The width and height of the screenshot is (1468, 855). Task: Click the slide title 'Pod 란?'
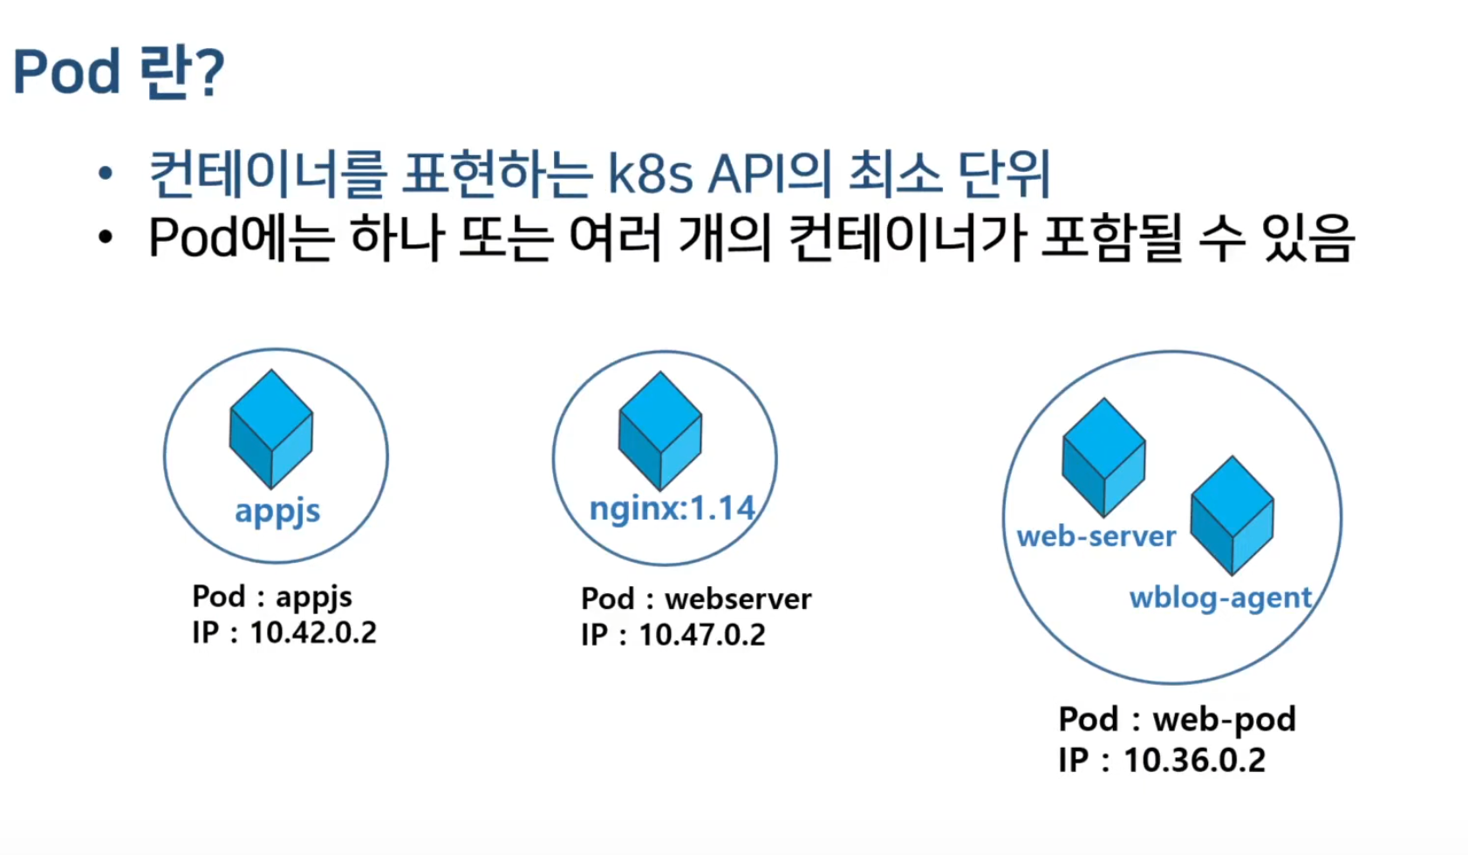119,72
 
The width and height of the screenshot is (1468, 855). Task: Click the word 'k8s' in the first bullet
650,174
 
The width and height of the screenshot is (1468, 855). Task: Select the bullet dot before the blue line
105,174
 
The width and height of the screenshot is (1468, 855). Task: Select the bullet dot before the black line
105,237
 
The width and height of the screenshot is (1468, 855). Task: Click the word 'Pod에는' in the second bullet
241,237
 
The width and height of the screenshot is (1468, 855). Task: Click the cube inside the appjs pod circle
271,429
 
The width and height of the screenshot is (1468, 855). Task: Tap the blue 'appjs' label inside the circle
277,511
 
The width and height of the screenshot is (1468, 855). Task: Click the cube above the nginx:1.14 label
660,431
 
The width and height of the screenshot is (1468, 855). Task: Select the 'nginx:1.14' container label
673,508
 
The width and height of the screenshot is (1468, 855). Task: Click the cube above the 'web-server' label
1103,457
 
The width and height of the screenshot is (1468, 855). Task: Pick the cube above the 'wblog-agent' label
1232,516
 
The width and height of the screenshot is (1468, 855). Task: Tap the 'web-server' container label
1096,537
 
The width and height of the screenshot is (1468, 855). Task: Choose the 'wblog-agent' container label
1220,598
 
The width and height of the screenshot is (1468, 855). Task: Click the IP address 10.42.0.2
313,633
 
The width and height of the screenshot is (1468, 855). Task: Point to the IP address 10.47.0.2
702,634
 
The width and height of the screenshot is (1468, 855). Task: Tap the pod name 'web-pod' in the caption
1225,720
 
